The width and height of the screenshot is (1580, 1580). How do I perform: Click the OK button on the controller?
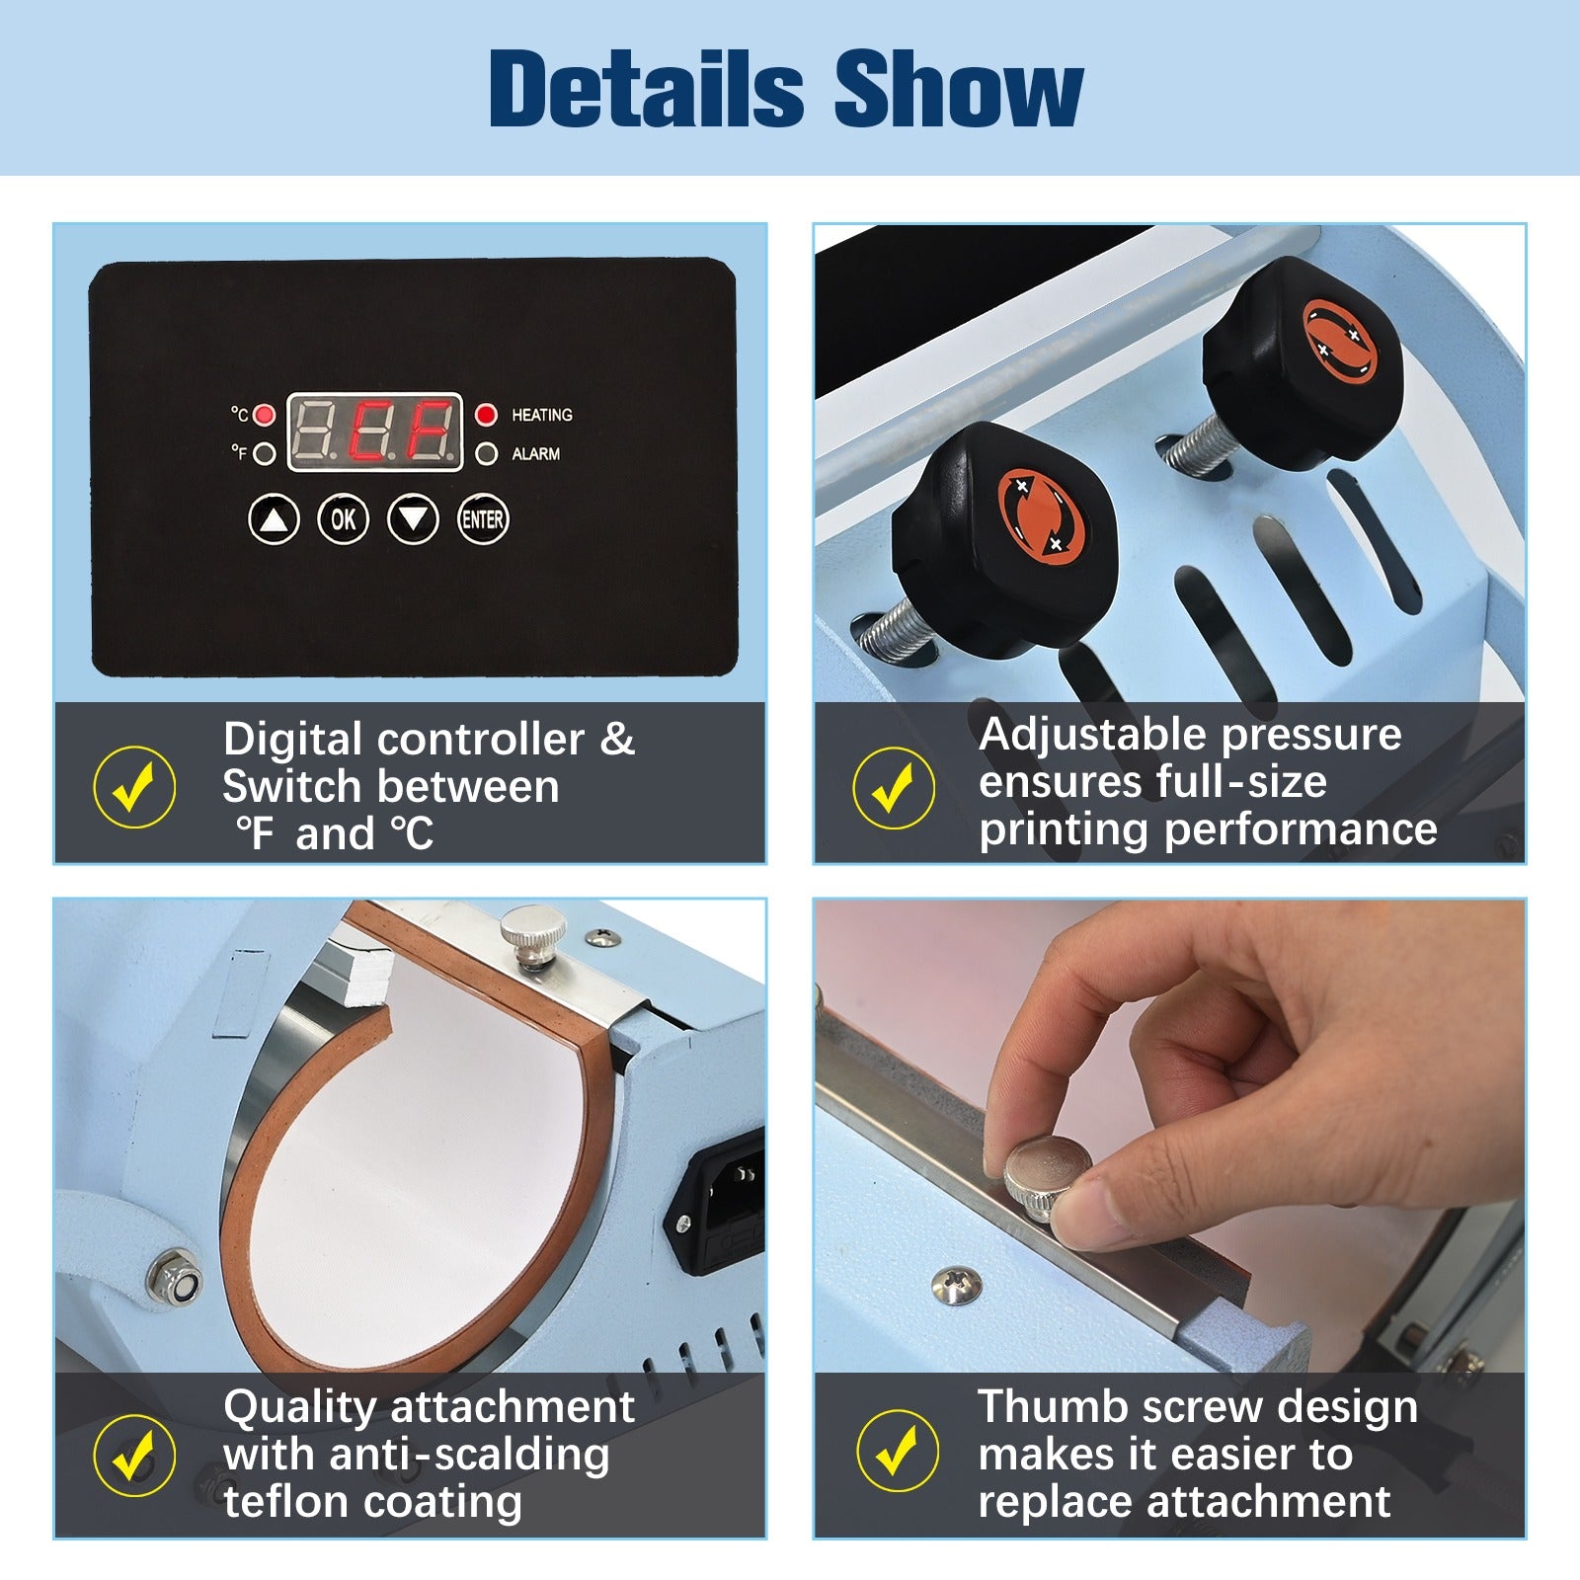[343, 519]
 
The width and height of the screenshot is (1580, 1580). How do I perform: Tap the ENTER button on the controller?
[483, 519]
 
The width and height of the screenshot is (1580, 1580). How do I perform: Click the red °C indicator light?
[264, 415]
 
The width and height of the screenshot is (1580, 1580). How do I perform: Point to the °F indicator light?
[264, 454]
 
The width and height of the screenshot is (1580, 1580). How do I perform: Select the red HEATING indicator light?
[486, 415]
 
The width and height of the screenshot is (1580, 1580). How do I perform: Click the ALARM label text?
[535, 454]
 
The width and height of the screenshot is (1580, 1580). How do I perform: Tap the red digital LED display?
[374, 432]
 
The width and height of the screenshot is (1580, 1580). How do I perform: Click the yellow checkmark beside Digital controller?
[134, 787]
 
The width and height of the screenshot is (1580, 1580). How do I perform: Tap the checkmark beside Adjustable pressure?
[894, 787]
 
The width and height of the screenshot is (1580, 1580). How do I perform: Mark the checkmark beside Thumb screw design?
[898, 1454]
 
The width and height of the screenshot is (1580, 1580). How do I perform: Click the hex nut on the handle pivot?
[178, 1283]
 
